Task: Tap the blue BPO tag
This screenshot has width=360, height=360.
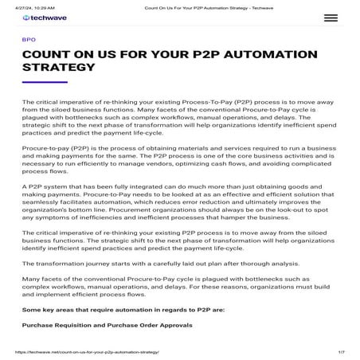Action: [29, 38]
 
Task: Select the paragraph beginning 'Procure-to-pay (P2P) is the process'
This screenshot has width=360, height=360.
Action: [178, 158]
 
